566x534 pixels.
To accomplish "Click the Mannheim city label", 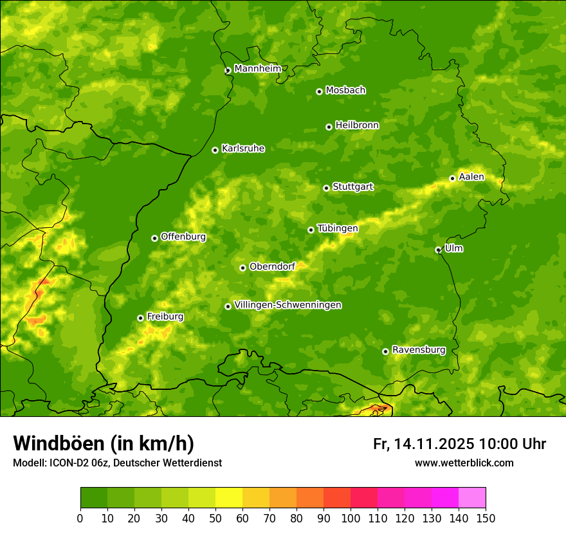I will [x=257, y=68].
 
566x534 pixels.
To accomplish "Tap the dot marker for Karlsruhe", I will [x=215, y=150].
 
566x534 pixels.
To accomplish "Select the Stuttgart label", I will [x=352, y=187].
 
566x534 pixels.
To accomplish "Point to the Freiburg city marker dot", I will [x=140, y=318].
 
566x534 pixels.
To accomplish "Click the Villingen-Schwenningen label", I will [x=288, y=305].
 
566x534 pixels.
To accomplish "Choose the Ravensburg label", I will [x=418, y=350].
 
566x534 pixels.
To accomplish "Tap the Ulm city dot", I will [x=438, y=250].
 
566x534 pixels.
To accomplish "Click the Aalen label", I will [x=471, y=177].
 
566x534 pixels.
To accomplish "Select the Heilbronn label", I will [x=357, y=125].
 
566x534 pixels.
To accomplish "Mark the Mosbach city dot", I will [x=319, y=91].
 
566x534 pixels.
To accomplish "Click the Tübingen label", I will [x=337, y=228].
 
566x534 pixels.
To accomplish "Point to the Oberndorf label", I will [x=272, y=266].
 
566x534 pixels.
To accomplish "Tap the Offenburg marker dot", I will [x=154, y=238].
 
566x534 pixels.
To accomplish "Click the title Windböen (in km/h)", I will [x=103, y=443].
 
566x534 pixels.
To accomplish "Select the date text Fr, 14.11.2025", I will [x=423, y=444].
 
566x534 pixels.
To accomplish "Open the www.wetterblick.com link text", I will [x=464, y=463].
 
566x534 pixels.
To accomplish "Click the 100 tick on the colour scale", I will [x=351, y=518].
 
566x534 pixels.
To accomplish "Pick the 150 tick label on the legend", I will [x=486, y=518].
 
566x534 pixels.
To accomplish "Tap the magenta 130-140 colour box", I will [x=445, y=498].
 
